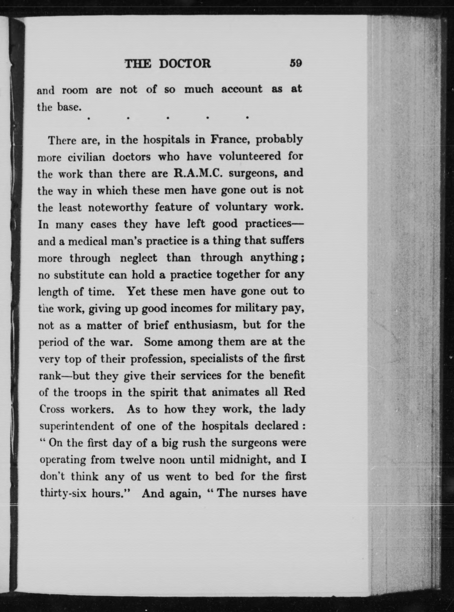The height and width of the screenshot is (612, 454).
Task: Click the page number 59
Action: (296, 63)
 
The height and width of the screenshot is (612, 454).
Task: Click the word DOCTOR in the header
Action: (185, 64)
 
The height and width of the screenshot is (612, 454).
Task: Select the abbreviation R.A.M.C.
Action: (198, 173)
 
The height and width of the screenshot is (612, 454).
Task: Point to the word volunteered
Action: (250, 156)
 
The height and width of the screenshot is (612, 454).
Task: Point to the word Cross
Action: (52, 409)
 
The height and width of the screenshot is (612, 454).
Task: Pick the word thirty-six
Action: (63, 493)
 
